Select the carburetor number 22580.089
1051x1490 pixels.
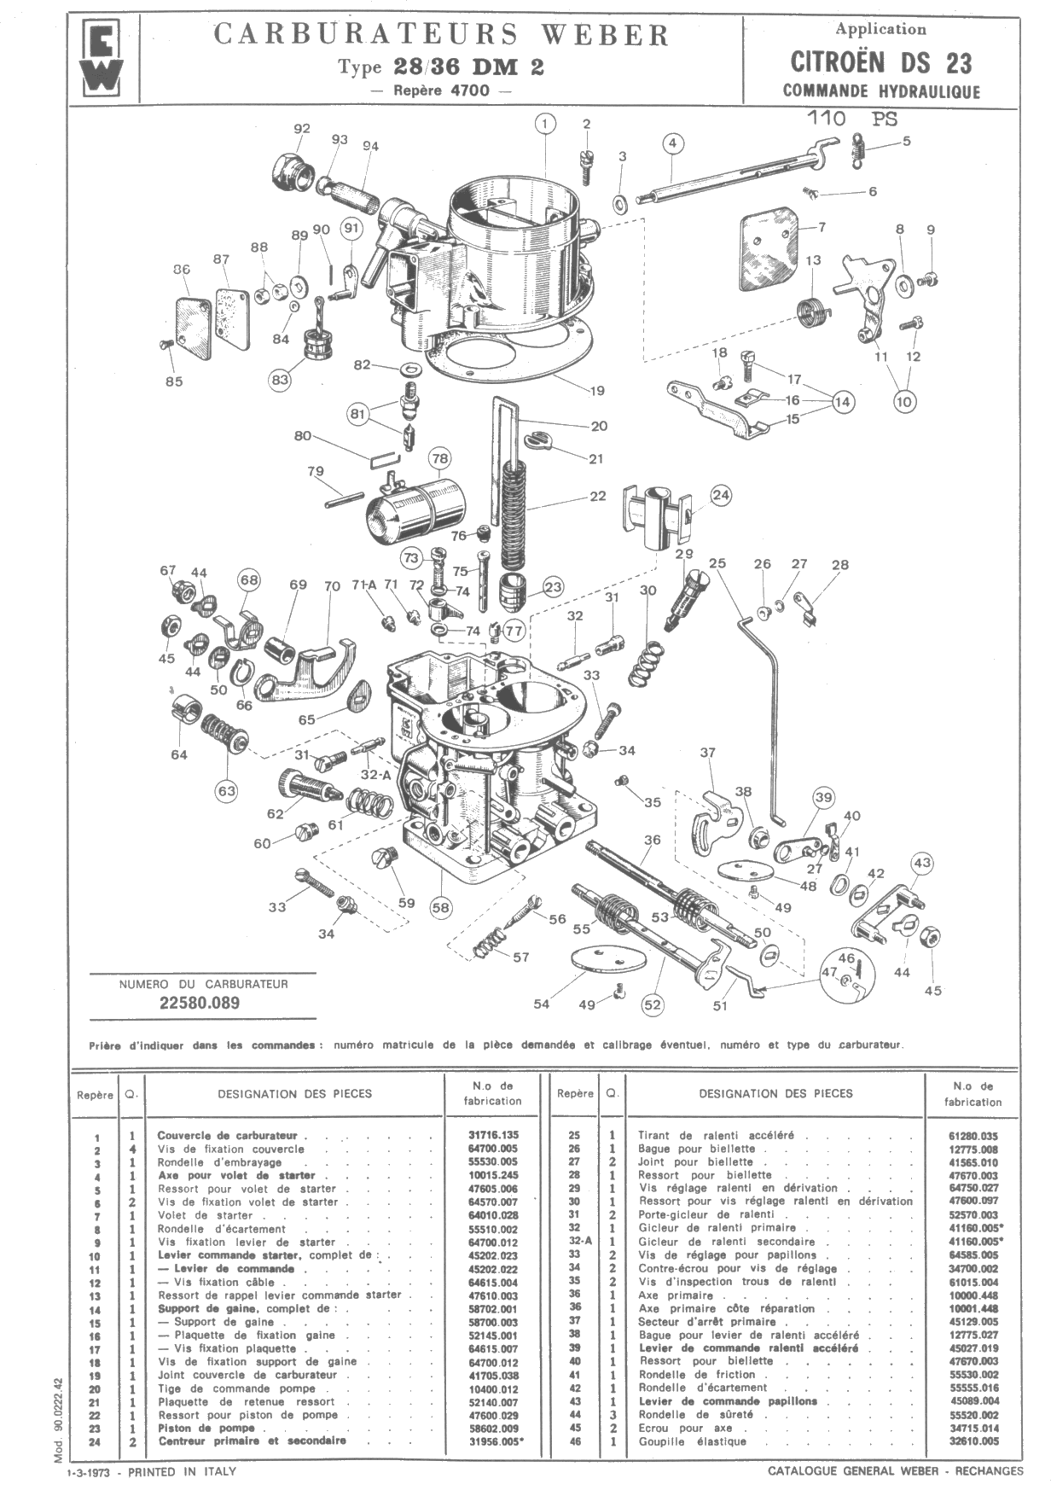click(x=200, y=1003)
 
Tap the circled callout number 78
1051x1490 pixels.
click(x=439, y=459)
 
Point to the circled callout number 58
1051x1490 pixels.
click(x=440, y=908)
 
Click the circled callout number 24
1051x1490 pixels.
click(x=721, y=495)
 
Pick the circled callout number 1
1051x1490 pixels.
click(x=546, y=123)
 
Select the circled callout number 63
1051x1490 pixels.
click(x=226, y=791)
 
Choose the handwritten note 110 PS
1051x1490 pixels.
click(x=852, y=119)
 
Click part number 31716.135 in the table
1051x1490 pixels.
click(x=492, y=1136)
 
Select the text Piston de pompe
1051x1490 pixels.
click(x=206, y=1428)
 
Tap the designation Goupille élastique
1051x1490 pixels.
click(x=692, y=1441)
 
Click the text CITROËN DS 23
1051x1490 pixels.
click(x=880, y=62)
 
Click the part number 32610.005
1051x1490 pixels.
click(x=973, y=1441)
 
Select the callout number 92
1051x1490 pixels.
click(x=302, y=129)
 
